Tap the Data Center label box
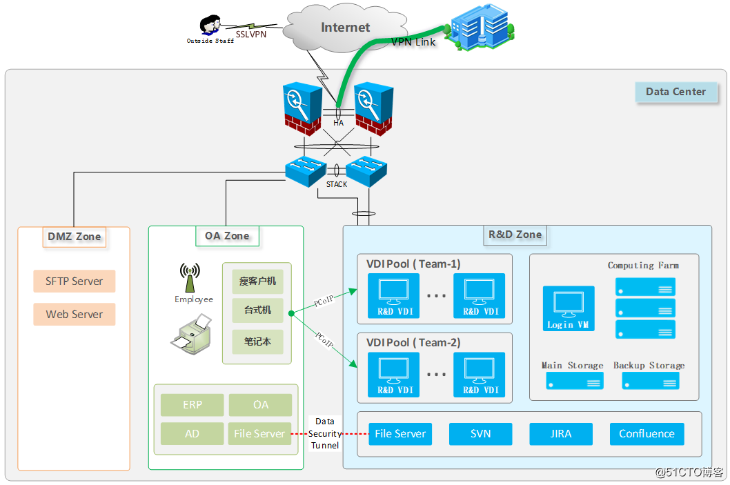pos(675,92)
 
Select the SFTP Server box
pos(75,281)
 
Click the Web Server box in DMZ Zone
pos(75,315)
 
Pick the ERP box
pos(193,405)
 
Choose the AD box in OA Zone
pos(193,434)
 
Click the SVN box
pos(480,434)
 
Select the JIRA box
pos(561,434)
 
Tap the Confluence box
pos(647,434)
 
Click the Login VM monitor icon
pos(569,304)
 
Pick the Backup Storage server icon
pos(651,381)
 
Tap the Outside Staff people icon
pos(210,26)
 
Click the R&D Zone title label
pos(515,235)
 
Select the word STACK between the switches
pos(337,184)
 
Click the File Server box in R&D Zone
pos(400,434)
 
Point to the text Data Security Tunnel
pos(325,433)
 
